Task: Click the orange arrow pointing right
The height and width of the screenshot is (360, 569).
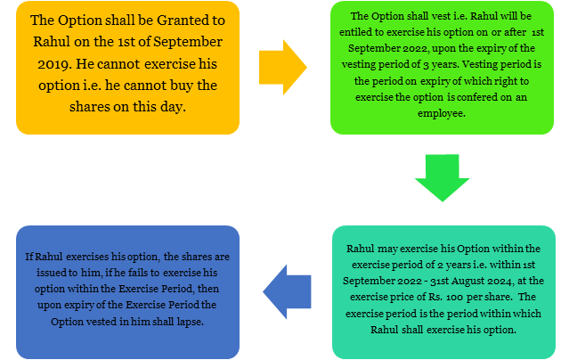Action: (x=282, y=68)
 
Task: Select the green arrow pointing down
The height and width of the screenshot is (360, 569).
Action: (x=442, y=177)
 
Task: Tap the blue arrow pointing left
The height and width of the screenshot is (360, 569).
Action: (x=287, y=291)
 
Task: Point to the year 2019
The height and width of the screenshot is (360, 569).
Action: (x=53, y=64)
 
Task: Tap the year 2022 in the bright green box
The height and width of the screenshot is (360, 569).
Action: (x=415, y=48)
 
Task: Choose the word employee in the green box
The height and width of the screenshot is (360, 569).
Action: (x=441, y=113)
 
